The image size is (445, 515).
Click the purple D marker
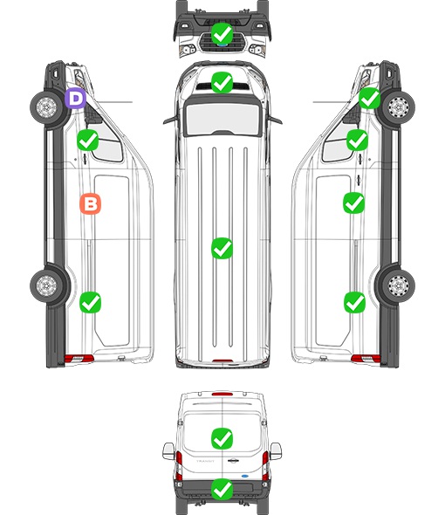click(75, 98)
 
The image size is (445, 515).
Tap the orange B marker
click(91, 204)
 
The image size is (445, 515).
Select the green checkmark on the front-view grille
click(222, 33)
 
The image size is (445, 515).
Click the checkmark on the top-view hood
click(222, 82)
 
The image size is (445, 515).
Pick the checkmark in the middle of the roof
click(222, 248)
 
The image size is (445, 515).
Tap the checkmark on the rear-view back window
click(222, 438)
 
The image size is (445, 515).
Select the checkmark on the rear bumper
click(222, 489)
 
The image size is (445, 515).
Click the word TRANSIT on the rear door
click(205, 461)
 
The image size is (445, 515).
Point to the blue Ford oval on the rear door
click(245, 476)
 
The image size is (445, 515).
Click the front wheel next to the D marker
click(46, 107)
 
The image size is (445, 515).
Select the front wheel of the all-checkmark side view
click(399, 107)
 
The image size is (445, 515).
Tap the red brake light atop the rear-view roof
click(222, 394)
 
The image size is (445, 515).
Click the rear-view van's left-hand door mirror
click(168, 451)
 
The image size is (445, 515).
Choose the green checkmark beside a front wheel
click(369, 99)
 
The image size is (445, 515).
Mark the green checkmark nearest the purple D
click(87, 141)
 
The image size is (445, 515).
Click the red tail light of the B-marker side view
click(79, 359)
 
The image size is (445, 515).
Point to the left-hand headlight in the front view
click(188, 50)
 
